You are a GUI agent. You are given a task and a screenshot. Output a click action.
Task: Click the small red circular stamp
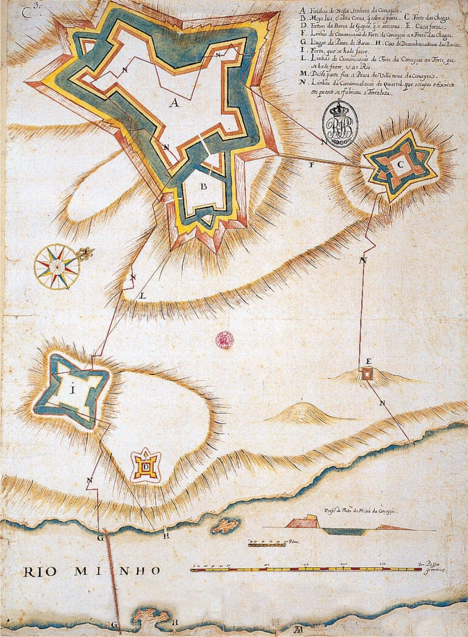pyautogui.click(x=225, y=339)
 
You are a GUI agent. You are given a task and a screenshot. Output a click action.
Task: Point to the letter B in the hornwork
pyautogui.click(x=203, y=187)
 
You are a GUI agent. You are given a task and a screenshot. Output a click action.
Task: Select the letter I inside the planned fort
pyautogui.click(x=73, y=391)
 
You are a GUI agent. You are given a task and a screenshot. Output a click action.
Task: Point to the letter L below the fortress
pyautogui.click(x=143, y=296)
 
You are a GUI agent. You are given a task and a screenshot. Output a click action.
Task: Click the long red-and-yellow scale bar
pyautogui.click(x=304, y=570)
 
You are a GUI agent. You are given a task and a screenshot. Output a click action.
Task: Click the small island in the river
pyautogui.click(x=226, y=525)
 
